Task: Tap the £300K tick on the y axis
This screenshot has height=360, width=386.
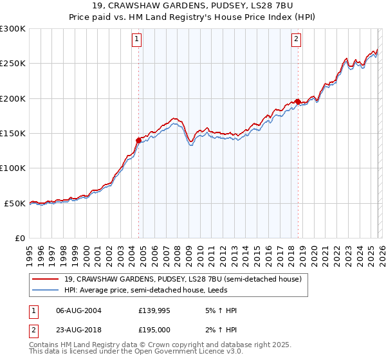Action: [x=12, y=29]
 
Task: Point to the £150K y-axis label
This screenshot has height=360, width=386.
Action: [x=12, y=134]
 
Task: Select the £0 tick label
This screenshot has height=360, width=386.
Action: [x=19, y=239]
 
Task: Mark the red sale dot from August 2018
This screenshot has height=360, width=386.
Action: [x=298, y=102]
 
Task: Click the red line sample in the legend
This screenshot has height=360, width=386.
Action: [x=46, y=279]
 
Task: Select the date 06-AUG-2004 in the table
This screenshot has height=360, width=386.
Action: [x=79, y=310]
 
